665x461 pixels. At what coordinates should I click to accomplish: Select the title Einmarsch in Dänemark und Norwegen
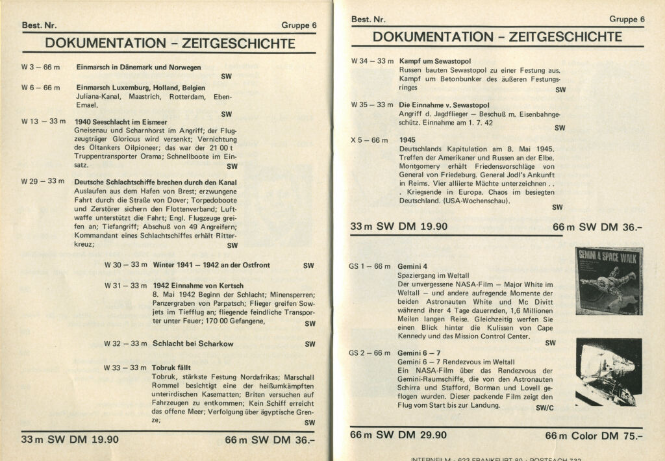(x=138, y=67)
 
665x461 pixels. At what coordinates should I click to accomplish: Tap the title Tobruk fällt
(x=171, y=368)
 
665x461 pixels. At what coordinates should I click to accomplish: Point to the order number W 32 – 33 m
(x=125, y=343)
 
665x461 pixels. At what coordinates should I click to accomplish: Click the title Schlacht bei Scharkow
(x=193, y=343)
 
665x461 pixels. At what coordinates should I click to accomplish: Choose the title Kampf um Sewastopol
(x=434, y=61)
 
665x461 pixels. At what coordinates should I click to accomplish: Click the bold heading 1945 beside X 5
(x=407, y=140)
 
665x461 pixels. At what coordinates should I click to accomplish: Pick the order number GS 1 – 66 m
(x=370, y=266)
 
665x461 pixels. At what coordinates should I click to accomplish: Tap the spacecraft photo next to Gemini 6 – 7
(x=609, y=371)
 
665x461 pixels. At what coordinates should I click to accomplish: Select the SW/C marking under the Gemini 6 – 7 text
(x=546, y=409)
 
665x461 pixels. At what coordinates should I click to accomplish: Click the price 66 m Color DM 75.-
(x=594, y=436)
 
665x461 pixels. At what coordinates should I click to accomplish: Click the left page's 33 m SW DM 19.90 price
(x=70, y=439)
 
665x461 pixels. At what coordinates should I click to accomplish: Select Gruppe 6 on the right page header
(x=627, y=19)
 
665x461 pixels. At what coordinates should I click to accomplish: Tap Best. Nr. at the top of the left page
(x=39, y=25)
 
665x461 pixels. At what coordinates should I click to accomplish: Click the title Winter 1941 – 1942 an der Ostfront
(x=211, y=266)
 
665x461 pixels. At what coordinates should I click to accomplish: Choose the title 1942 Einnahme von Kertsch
(x=198, y=286)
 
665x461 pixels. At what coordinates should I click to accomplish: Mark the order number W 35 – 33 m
(x=372, y=105)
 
